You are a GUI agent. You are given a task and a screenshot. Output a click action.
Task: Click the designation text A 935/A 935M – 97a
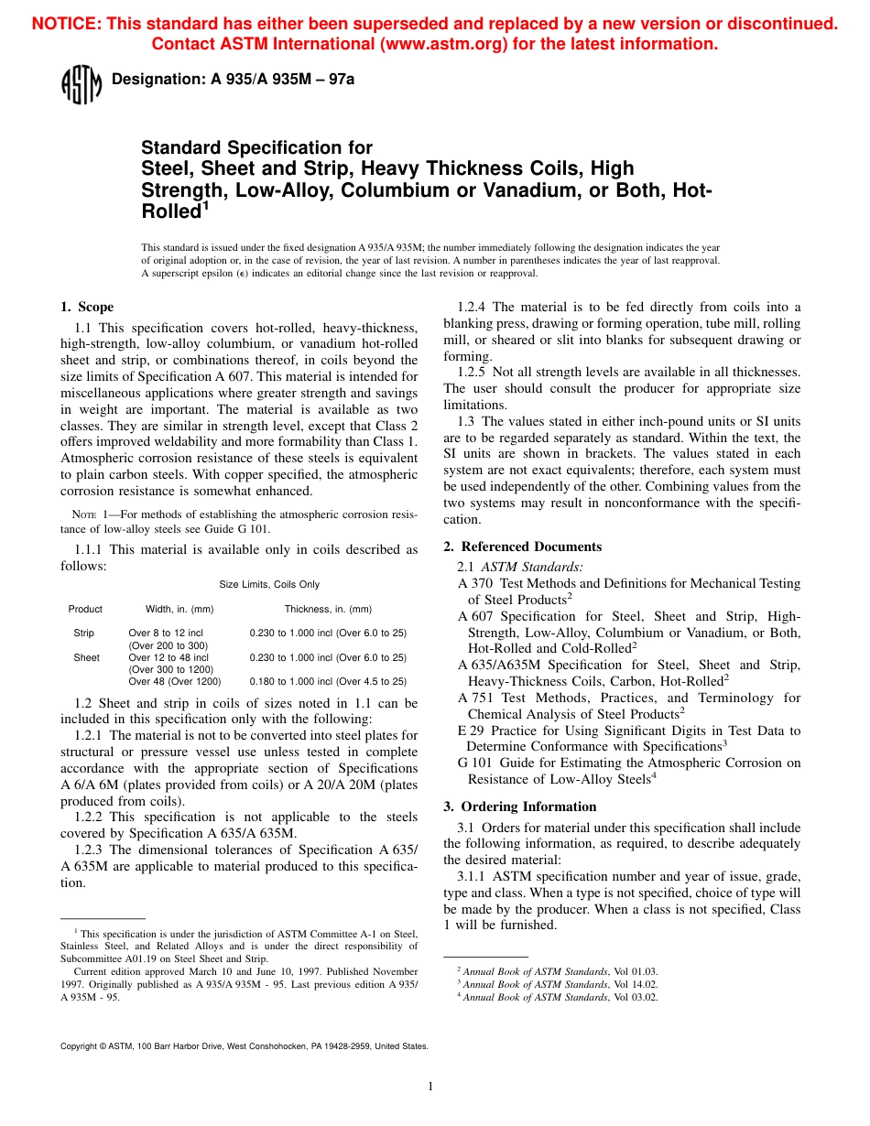(233, 80)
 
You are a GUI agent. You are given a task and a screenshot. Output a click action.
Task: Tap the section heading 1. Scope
(87, 307)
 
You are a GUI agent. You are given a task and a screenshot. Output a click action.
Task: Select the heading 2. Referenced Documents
(523, 547)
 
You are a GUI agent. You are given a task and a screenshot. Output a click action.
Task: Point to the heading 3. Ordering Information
(520, 807)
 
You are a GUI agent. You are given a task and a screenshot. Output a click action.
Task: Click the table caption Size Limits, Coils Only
(269, 584)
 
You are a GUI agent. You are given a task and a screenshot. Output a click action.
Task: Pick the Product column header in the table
(85, 609)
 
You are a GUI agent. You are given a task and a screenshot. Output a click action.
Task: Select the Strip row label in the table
(83, 633)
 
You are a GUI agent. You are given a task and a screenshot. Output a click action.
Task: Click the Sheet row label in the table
(86, 657)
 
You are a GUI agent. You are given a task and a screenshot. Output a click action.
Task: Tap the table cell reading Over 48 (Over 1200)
(174, 681)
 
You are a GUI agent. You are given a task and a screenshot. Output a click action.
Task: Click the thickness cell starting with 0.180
(328, 681)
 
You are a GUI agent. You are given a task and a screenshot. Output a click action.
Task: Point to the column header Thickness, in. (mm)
(328, 609)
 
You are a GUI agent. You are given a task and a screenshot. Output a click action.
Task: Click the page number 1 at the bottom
(430, 1087)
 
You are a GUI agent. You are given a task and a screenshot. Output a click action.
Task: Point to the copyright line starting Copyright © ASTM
(244, 1045)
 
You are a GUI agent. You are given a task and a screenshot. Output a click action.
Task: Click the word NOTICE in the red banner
(66, 25)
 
